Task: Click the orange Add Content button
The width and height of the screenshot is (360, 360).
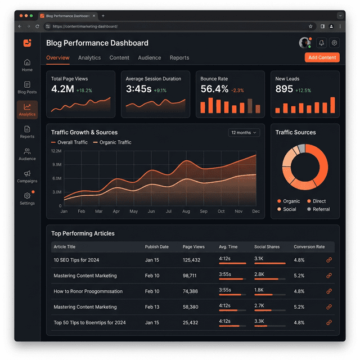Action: point(322,57)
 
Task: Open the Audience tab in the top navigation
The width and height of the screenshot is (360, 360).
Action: point(150,57)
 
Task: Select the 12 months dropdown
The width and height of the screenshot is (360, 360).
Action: point(244,133)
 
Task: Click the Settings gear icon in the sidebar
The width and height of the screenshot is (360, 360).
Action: point(27,196)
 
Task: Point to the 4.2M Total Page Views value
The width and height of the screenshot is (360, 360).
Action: point(62,89)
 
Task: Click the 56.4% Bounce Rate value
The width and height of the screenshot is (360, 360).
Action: point(214,89)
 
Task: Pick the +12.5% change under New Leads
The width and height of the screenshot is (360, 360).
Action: point(303,91)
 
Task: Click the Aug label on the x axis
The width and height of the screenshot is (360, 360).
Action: point(186,211)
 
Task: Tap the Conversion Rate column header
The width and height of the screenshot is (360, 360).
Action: point(309,247)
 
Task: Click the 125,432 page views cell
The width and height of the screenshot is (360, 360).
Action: point(191,260)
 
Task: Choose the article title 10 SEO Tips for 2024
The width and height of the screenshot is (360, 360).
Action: point(76,260)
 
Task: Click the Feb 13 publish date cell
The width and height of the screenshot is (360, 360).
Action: point(152,307)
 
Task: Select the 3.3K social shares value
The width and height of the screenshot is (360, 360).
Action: point(259,321)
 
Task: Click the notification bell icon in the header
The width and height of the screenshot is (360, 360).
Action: point(321,43)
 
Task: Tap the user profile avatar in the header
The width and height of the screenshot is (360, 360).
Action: point(305,43)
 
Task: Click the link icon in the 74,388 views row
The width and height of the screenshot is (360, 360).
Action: point(329,291)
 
